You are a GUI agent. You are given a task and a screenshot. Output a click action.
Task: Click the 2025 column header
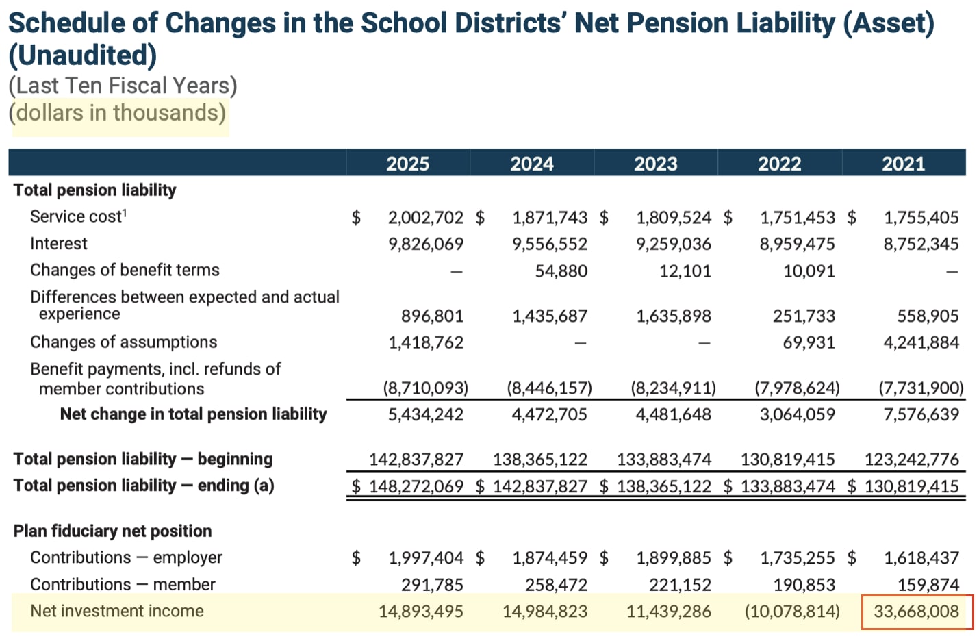(x=407, y=164)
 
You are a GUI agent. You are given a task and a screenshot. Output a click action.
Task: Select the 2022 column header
(x=779, y=164)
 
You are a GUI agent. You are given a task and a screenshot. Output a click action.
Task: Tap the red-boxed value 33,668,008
(x=916, y=612)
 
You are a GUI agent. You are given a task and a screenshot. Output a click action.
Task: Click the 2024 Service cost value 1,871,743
(x=549, y=218)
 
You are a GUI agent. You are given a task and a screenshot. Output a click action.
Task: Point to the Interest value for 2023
(x=673, y=244)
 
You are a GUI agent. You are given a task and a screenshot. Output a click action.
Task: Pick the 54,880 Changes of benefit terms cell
(x=561, y=271)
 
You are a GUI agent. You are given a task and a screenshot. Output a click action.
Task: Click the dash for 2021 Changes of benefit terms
(x=951, y=272)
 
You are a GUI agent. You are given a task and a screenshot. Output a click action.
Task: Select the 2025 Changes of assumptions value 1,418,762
(x=425, y=342)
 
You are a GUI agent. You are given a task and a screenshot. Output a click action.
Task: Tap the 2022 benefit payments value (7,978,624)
(x=797, y=388)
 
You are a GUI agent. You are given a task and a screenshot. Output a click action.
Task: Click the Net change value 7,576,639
(x=921, y=414)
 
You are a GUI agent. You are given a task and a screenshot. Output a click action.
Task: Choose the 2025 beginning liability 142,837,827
(x=416, y=460)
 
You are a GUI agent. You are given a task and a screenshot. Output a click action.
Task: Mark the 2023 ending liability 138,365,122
(x=663, y=487)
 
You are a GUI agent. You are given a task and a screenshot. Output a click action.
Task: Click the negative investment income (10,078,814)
(x=792, y=612)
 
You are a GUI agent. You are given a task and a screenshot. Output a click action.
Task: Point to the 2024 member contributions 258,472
(x=556, y=585)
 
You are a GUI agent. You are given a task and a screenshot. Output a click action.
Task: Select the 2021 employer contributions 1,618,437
(x=921, y=558)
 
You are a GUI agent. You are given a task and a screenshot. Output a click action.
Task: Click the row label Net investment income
(x=116, y=611)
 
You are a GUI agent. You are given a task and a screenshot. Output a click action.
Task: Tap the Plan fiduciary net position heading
(x=112, y=531)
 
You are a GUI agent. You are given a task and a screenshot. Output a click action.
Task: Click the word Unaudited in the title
(x=83, y=55)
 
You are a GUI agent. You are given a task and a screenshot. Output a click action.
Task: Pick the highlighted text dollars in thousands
(x=120, y=112)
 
